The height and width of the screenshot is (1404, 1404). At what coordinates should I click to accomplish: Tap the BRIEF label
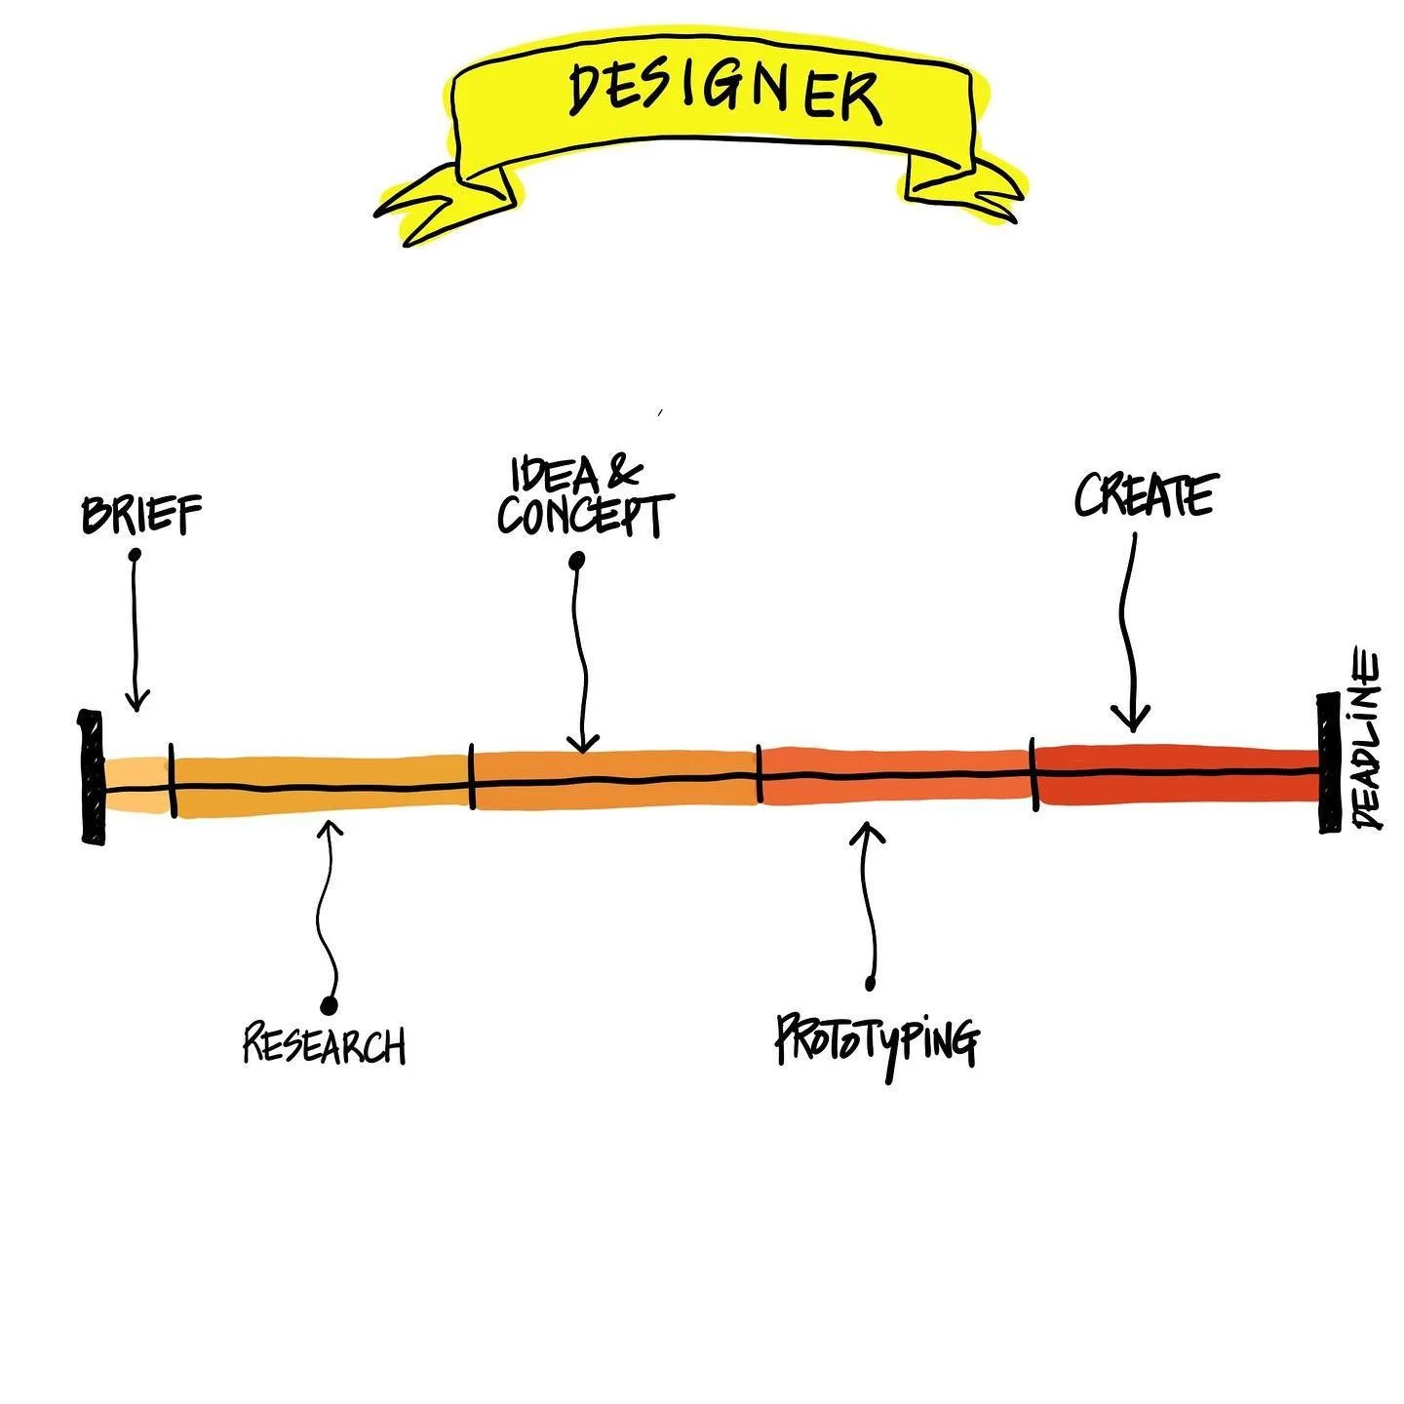click(x=142, y=514)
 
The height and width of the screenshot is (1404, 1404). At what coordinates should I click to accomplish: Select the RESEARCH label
click(x=324, y=1044)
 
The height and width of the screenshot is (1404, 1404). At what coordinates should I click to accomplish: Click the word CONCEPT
click(x=584, y=516)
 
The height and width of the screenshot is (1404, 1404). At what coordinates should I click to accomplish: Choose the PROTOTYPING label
click(x=877, y=1041)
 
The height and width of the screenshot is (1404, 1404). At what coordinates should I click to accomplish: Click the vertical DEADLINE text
click(x=1367, y=741)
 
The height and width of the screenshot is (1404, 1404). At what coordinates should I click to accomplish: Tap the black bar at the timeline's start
click(x=92, y=777)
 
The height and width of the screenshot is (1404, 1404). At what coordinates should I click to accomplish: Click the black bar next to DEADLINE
click(x=1328, y=762)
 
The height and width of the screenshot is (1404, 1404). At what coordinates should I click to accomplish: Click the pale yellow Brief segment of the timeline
click(x=136, y=785)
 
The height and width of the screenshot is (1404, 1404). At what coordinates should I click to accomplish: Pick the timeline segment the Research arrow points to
click(x=322, y=787)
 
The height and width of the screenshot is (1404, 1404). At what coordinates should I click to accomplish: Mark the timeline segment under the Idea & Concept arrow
click(x=614, y=779)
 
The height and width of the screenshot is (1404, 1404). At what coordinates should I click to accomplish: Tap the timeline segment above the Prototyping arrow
click(x=895, y=775)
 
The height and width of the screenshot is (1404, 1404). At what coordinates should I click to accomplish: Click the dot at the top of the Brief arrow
click(x=135, y=555)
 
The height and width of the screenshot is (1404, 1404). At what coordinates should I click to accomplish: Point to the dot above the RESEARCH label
click(x=329, y=1003)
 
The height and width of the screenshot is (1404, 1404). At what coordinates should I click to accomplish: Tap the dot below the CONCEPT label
click(x=577, y=561)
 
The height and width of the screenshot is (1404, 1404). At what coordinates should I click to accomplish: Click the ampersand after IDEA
click(x=624, y=473)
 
